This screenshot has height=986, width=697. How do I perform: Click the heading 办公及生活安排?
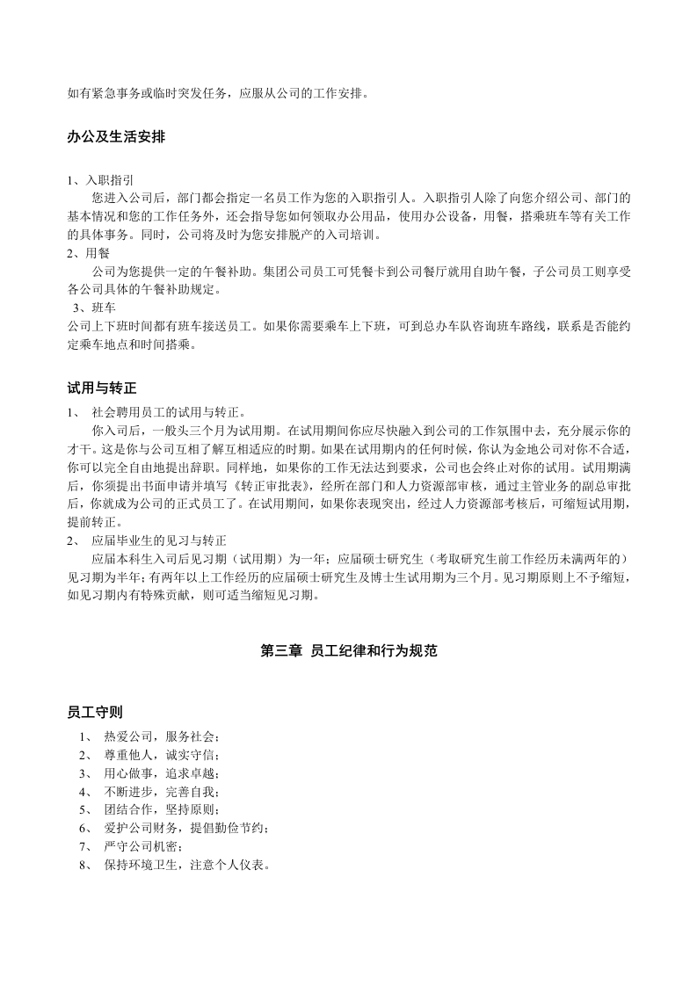coord(117,138)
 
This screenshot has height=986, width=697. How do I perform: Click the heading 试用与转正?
coord(102,388)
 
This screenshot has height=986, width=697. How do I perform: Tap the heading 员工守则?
coord(91,711)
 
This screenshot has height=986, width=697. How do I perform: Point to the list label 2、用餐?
coord(88,253)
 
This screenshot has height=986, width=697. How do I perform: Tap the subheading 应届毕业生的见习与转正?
coord(164,540)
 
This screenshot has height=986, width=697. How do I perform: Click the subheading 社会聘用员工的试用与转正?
coord(171,411)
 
